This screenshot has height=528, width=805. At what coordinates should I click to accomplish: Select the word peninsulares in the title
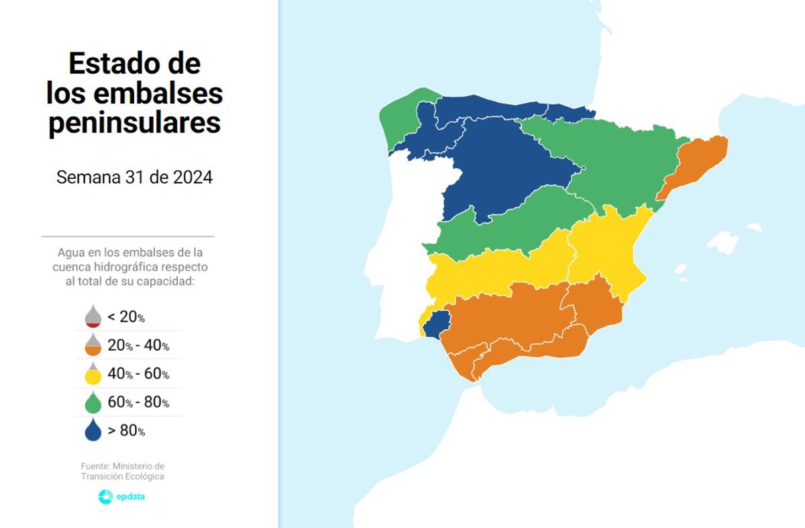point(134,123)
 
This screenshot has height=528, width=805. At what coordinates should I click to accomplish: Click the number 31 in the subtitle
point(133,178)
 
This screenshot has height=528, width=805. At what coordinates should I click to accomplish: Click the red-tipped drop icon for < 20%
point(93,316)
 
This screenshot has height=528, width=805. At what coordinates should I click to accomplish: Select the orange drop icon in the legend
point(93,345)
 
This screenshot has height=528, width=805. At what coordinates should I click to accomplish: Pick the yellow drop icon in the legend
point(93,373)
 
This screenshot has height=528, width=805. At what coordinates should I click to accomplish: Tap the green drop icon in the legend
point(93,402)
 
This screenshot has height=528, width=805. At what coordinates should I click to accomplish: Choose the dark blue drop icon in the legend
point(93,431)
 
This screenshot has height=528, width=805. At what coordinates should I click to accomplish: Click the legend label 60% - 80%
point(138,402)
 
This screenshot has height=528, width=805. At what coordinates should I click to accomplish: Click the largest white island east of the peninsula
point(722,242)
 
